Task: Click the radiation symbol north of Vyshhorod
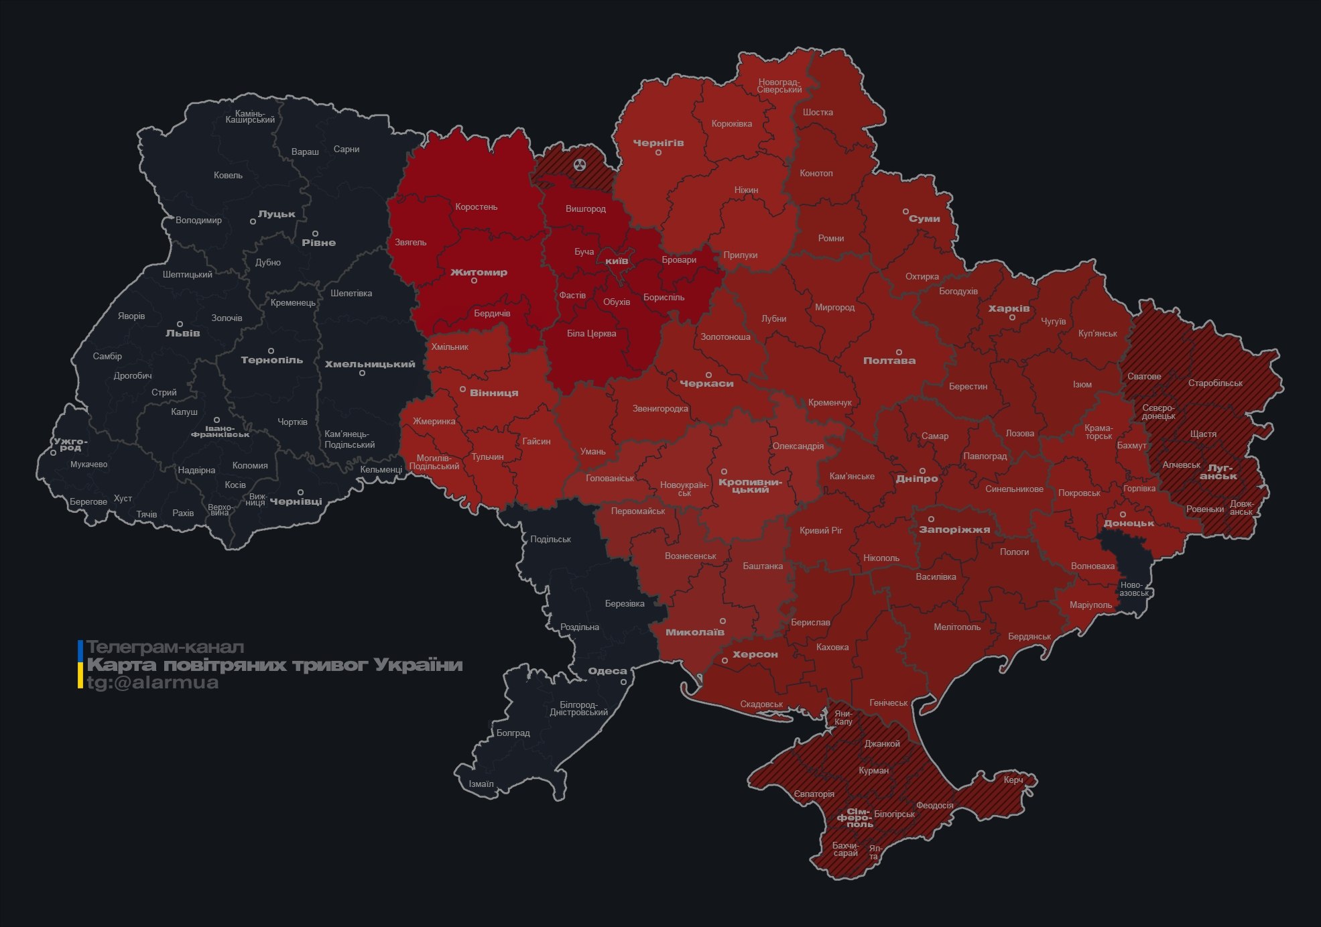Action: pos(580,165)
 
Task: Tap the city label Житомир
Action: pos(479,272)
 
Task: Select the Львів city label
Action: pos(182,333)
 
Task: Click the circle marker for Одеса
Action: pos(623,682)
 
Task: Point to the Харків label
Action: pos(1009,309)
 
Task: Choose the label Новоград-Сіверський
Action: pos(779,86)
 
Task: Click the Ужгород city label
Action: pos(70,444)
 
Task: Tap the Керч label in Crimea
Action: pos(1013,780)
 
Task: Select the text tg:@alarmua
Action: pos(152,683)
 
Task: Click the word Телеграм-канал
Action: pos(165,647)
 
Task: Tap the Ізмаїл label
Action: pos(481,784)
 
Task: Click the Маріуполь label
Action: pos(1090,605)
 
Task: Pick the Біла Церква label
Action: pos(591,333)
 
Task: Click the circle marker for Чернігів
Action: pos(658,153)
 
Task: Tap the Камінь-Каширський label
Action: pos(250,117)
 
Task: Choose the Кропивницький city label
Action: pos(750,486)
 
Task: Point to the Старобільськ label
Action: pos(1215,383)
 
